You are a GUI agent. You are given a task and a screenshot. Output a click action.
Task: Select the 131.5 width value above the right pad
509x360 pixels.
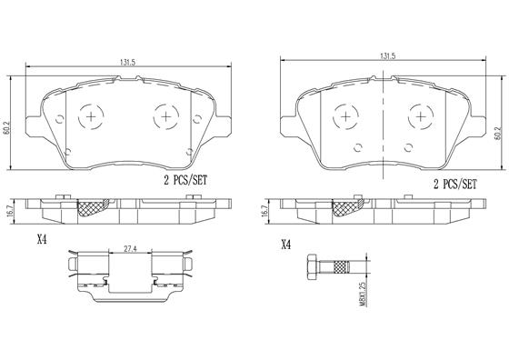coord(387,57)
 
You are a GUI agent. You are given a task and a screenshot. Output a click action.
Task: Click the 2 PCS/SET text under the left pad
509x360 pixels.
coord(185,181)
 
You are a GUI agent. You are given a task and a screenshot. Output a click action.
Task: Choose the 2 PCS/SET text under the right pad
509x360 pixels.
coord(454,184)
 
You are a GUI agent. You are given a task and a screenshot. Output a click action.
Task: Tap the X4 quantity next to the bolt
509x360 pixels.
coord(287,244)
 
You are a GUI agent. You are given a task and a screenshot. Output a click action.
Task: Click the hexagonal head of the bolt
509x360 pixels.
coord(314,267)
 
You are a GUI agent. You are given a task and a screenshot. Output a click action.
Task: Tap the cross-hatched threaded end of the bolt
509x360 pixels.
coord(341,267)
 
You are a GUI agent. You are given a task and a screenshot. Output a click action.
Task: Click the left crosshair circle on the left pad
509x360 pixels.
coord(90,115)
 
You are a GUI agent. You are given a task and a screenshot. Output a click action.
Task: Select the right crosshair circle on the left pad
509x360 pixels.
coord(164,115)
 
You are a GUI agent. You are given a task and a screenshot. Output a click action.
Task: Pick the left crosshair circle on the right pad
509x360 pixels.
coord(346,116)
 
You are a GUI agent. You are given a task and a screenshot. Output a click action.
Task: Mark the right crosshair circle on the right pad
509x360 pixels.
coord(419,116)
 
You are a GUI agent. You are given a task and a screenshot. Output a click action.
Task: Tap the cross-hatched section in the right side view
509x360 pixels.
coord(347,211)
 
